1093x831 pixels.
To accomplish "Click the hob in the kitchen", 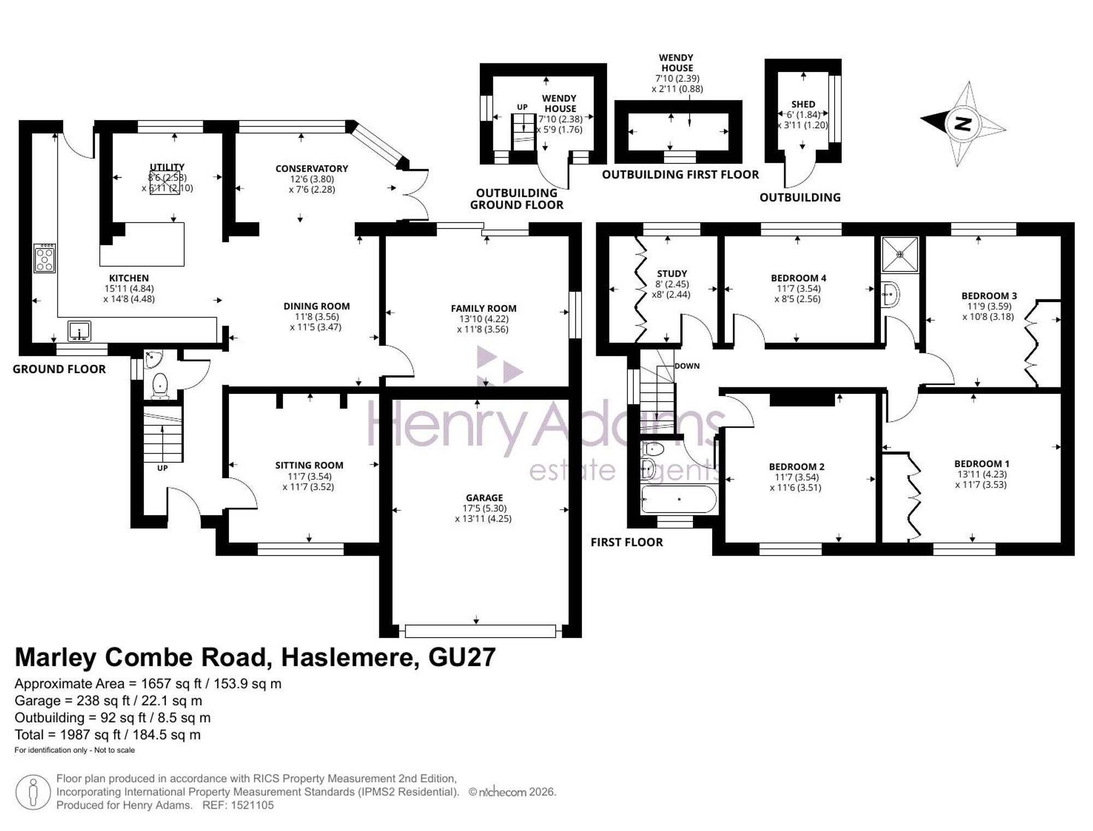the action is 44,258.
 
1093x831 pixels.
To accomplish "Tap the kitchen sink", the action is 79,331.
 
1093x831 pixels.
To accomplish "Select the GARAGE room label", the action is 484,498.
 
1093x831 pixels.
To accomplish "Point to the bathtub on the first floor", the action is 679,499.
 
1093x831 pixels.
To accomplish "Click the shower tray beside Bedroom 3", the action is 900,254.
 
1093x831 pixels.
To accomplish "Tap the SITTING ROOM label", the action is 309,465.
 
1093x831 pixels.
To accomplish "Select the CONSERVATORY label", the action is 312,169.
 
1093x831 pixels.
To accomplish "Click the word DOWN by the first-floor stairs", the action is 687,366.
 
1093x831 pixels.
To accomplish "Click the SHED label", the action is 803,104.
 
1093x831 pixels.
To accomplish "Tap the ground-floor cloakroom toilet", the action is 160,385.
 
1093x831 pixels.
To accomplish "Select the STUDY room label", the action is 672,274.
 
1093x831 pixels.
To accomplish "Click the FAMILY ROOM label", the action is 484,309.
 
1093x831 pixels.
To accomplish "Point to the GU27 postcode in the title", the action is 462,657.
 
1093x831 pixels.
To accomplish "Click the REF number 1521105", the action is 252,805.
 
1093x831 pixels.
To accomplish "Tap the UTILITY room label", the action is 167,167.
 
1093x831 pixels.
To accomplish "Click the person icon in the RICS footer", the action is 33,792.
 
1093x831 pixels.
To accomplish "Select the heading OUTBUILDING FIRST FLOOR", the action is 680,175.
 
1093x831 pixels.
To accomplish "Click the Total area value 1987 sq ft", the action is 86,735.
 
